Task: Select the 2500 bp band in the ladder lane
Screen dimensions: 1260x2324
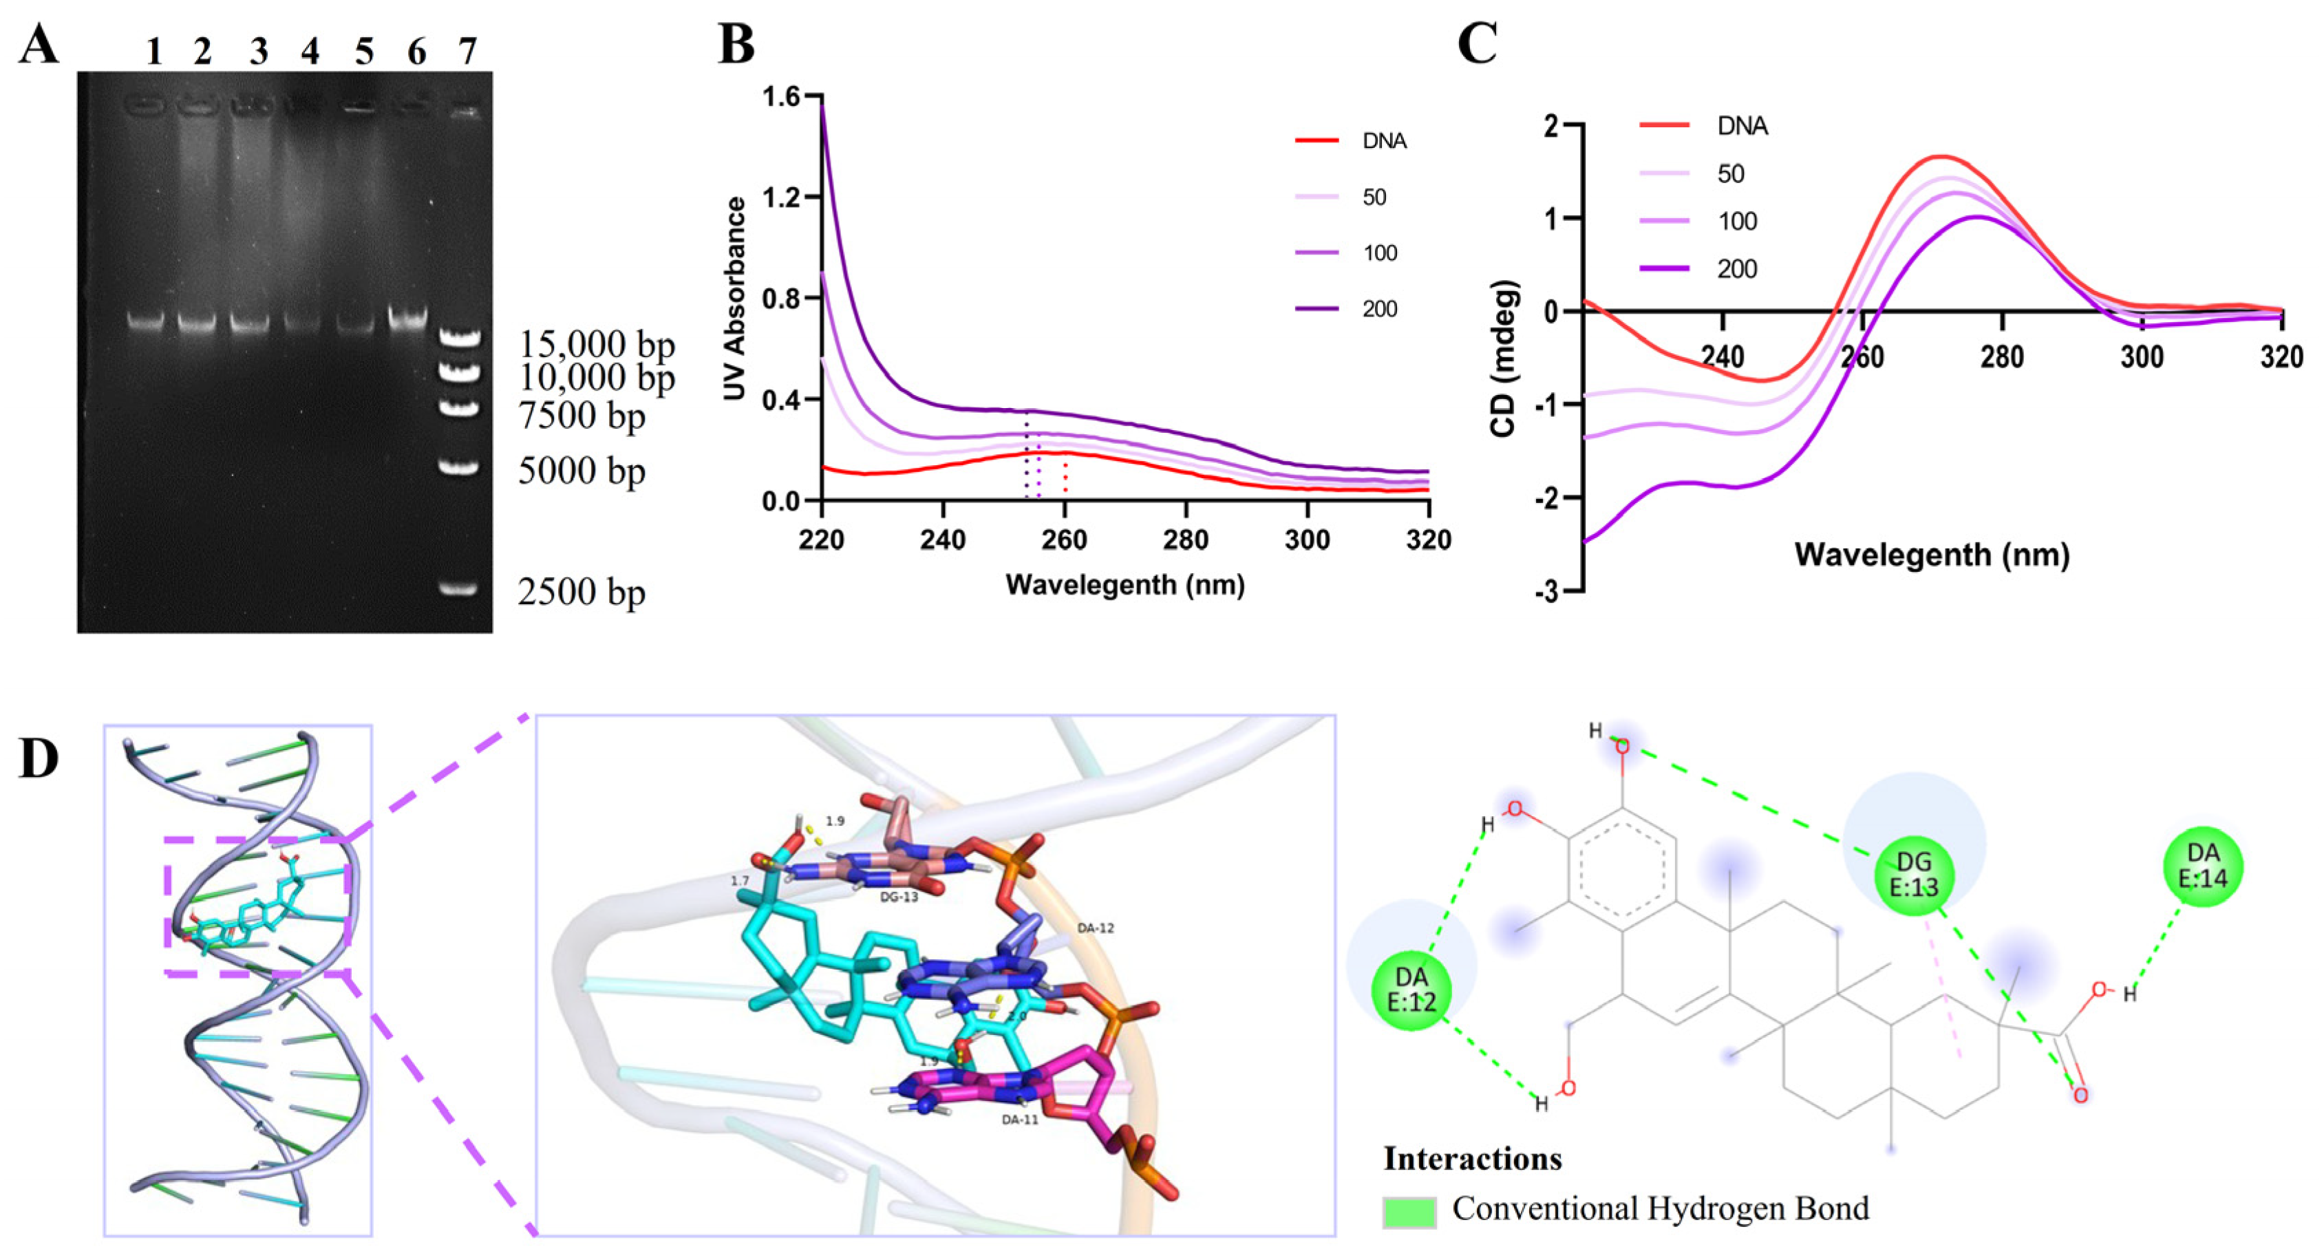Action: click(x=458, y=589)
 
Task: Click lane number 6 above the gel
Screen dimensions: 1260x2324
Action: click(x=416, y=52)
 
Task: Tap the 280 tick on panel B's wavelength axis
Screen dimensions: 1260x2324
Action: click(x=1186, y=540)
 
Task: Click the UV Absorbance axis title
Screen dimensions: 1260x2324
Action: click(x=735, y=298)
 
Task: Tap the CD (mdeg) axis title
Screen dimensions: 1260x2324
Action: click(x=1503, y=359)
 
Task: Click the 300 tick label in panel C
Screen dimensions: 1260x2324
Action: click(x=2142, y=358)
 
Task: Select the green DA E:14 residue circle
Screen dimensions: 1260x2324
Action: click(x=2202, y=866)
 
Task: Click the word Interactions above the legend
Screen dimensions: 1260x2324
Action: click(x=1472, y=1158)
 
